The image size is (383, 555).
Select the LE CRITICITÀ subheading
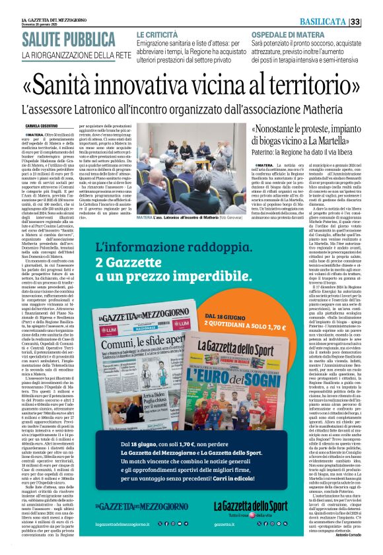158,33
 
